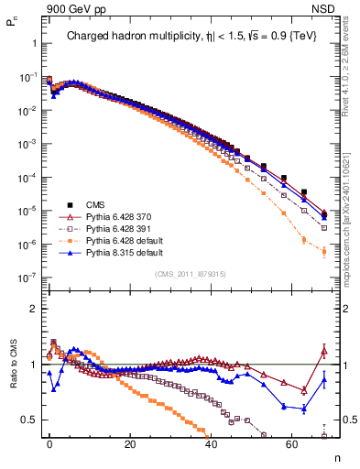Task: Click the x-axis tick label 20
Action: tap(130, 442)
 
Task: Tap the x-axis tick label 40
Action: tap(211, 442)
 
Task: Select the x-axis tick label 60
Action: tap(291, 442)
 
